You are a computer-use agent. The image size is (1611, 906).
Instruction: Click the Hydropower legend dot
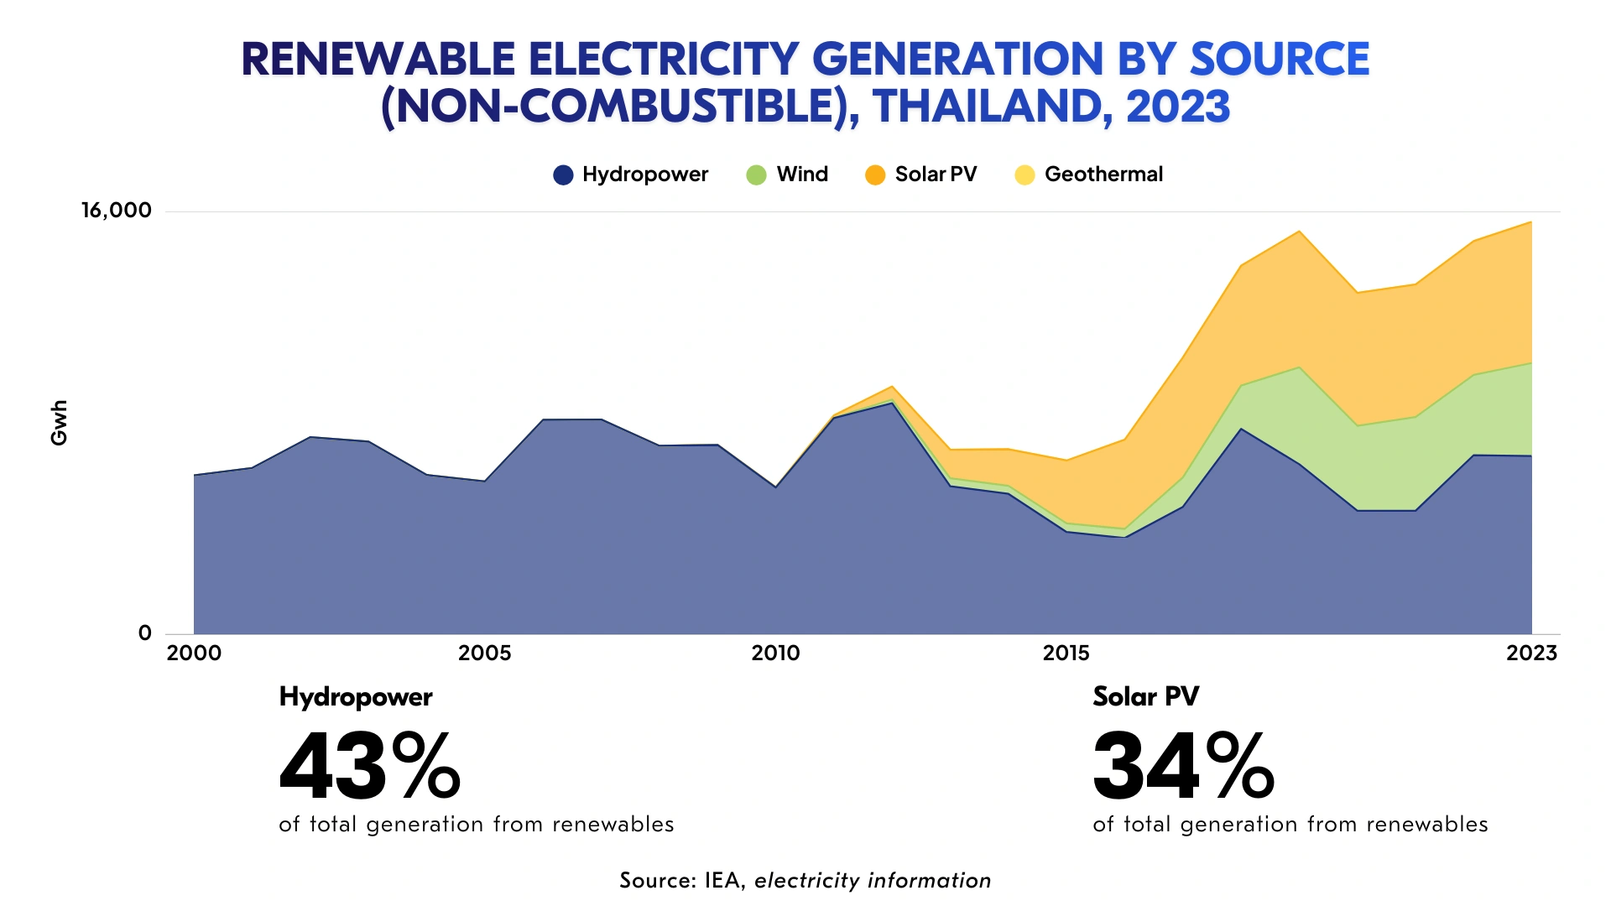[563, 174]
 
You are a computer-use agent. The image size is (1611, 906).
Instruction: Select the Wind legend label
[802, 174]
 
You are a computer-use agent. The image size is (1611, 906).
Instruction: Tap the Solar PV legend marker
[875, 174]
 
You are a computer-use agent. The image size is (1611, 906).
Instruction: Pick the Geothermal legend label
[1103, 174]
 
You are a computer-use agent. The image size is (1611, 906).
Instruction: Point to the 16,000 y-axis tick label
[117, 211]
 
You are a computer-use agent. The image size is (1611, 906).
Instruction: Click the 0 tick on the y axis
[145, 633]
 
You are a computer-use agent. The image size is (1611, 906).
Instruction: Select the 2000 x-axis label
[194, 653]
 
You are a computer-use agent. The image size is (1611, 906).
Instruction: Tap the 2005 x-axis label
[484, 653]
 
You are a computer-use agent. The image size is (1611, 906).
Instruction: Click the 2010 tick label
[775, 653]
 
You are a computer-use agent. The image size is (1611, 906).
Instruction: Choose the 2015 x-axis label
[1066, 653]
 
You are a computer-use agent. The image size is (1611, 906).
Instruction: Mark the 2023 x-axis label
[1531, 653]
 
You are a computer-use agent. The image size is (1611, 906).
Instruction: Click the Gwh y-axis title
[59, 423]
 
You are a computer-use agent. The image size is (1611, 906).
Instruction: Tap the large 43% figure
[370, 767]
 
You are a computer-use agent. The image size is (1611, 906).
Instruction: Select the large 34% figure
[1183, 767]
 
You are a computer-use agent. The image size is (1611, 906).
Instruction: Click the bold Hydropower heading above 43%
[356, 697]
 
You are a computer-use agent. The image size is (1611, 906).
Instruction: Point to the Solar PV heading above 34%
[1146, 696]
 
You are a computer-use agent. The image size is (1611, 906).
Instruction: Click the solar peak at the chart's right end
[1530, 223]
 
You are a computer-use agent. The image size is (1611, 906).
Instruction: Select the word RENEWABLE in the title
[378, 60]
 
